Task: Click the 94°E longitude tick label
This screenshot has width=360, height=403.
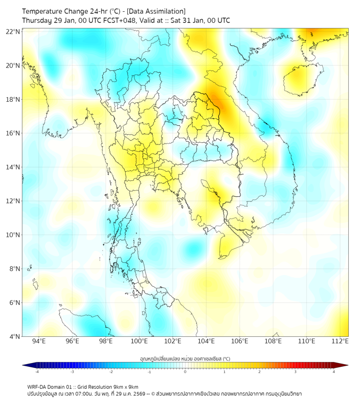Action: pos(39,341)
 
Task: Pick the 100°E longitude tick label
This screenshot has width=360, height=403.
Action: pos(139,341)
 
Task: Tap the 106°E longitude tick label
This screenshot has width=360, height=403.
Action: pos(240,341)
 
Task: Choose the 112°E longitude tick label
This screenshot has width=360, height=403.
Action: pos(340,341)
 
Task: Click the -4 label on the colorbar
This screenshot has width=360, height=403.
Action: pos(37,372)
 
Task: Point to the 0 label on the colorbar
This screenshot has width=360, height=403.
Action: pos(185,372)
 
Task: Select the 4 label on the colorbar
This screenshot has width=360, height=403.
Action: pos(334,372)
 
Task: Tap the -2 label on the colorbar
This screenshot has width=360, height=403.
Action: pos(111,372)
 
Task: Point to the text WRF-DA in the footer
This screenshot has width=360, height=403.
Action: pos(37,386)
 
